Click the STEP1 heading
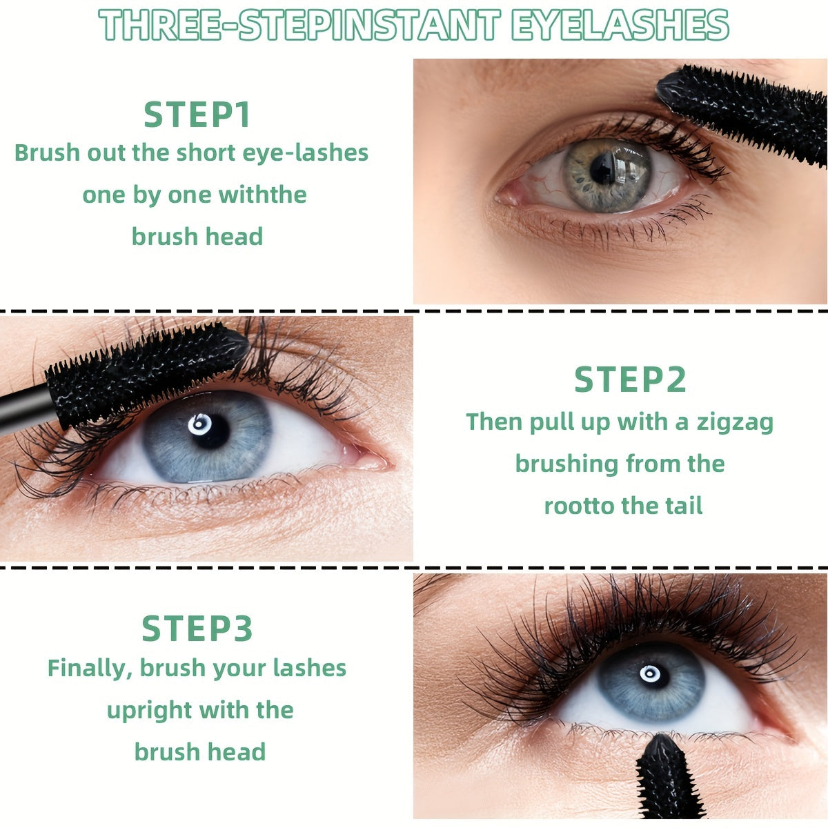pyautogui.click(x=197, y=115)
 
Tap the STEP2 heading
pyautogui.click(x=630, y=379)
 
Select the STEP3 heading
pyautogui.click(x=197, y=629)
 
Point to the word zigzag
pyautogui.click(x=734, y=422)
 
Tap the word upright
pyautogui.click(x=150, y=710)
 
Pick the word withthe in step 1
pyautogui.click(x=262, y=195)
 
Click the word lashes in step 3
pyautogui.click(x=309, y=668)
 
